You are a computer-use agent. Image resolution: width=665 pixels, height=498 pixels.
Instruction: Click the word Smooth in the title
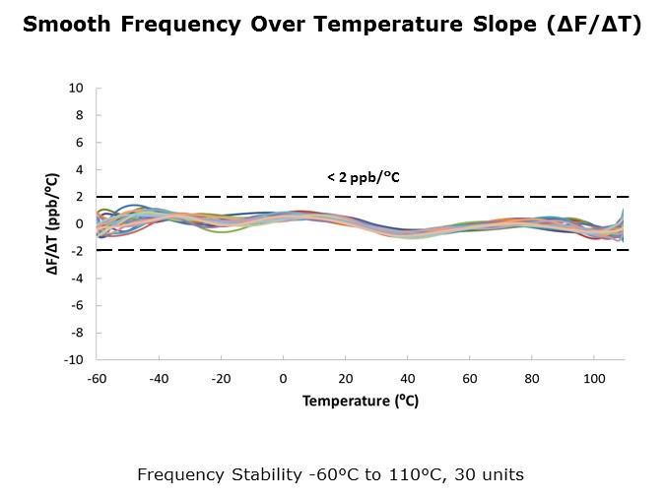(x=67, y=24)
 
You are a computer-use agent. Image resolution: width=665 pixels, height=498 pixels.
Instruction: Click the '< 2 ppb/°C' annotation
(x=364, y=177)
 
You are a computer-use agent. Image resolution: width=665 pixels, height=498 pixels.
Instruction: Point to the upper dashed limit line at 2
(x=363, y=197)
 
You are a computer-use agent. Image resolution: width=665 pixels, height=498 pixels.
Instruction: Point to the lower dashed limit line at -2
(x=363, y=250)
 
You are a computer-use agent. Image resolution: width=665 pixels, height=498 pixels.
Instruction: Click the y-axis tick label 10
(x=76, y=89)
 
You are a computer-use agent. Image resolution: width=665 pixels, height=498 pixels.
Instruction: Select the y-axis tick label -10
(x=74, y=360)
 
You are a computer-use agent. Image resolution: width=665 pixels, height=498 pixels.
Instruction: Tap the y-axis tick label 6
(x=80, y=143)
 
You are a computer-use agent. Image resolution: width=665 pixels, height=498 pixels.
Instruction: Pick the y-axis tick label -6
(x=77, y=305)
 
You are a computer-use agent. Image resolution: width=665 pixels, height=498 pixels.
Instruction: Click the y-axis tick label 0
(x=80, y=224)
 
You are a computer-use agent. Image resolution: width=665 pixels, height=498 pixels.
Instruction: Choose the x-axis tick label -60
(x=97, y=378)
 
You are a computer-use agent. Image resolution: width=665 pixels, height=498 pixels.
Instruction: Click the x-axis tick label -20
(x=221, y=378)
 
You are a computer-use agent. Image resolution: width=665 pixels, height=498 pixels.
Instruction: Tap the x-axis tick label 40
(x=408, y=378)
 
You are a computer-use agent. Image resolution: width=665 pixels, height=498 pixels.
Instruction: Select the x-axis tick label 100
(x=594, y=378)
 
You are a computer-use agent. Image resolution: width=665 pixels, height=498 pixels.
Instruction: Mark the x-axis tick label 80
(x=532, y=378)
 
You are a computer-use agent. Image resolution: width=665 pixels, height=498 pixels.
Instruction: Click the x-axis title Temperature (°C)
(x=361, y=401)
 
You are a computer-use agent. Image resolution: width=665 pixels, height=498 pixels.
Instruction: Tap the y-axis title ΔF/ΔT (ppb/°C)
(x=52, y=223)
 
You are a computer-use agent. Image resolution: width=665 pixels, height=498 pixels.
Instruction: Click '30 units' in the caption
(x=489, y=474)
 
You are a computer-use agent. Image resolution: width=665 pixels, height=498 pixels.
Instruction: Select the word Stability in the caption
(x=266, y=475)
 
